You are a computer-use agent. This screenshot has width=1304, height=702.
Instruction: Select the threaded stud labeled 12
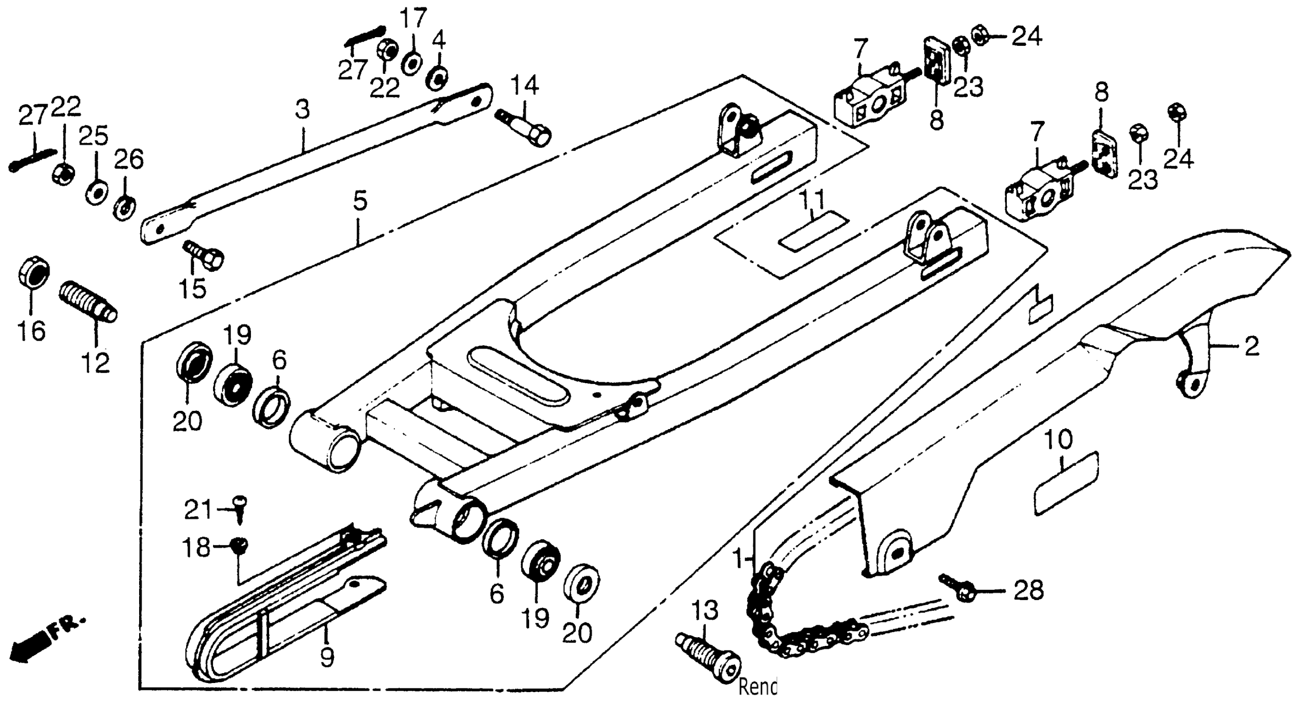pos(88,301)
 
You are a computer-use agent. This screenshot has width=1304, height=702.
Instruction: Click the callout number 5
pos(360,202)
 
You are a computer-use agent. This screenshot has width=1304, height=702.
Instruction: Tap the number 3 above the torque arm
pos(302,109)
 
